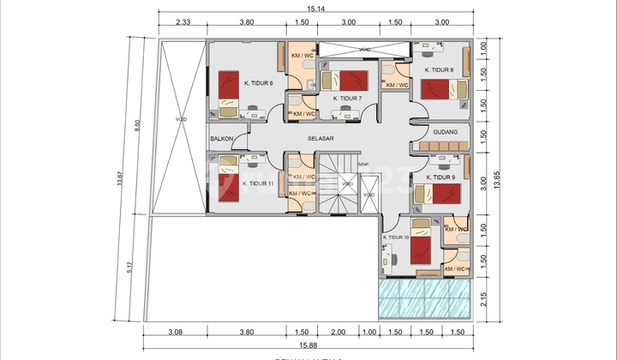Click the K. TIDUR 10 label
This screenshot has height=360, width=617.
(396, 237)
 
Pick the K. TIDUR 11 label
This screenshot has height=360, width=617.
(259, 183)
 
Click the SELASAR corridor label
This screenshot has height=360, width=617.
(320, 137)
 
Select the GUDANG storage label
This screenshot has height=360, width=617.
(446, 132)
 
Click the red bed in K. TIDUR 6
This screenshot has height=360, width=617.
(228, 86)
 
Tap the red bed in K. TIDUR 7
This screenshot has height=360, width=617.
(356, 81)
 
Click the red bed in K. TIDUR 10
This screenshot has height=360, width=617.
(421, 250)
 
